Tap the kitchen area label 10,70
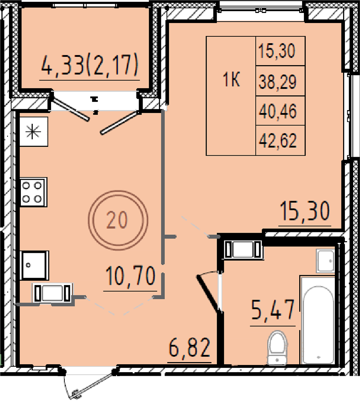tap(130, 276)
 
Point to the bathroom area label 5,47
tap(273, 310)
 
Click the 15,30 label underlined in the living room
tap(305, 211)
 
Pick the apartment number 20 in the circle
tap(117, 220)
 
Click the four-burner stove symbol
tap(33, 192)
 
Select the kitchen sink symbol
tap(35, 265)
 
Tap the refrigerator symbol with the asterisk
tap(33, 131)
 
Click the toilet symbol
tap(277, 348)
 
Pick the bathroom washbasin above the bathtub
tap(325, 261)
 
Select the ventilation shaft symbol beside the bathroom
tap(243, 249)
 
